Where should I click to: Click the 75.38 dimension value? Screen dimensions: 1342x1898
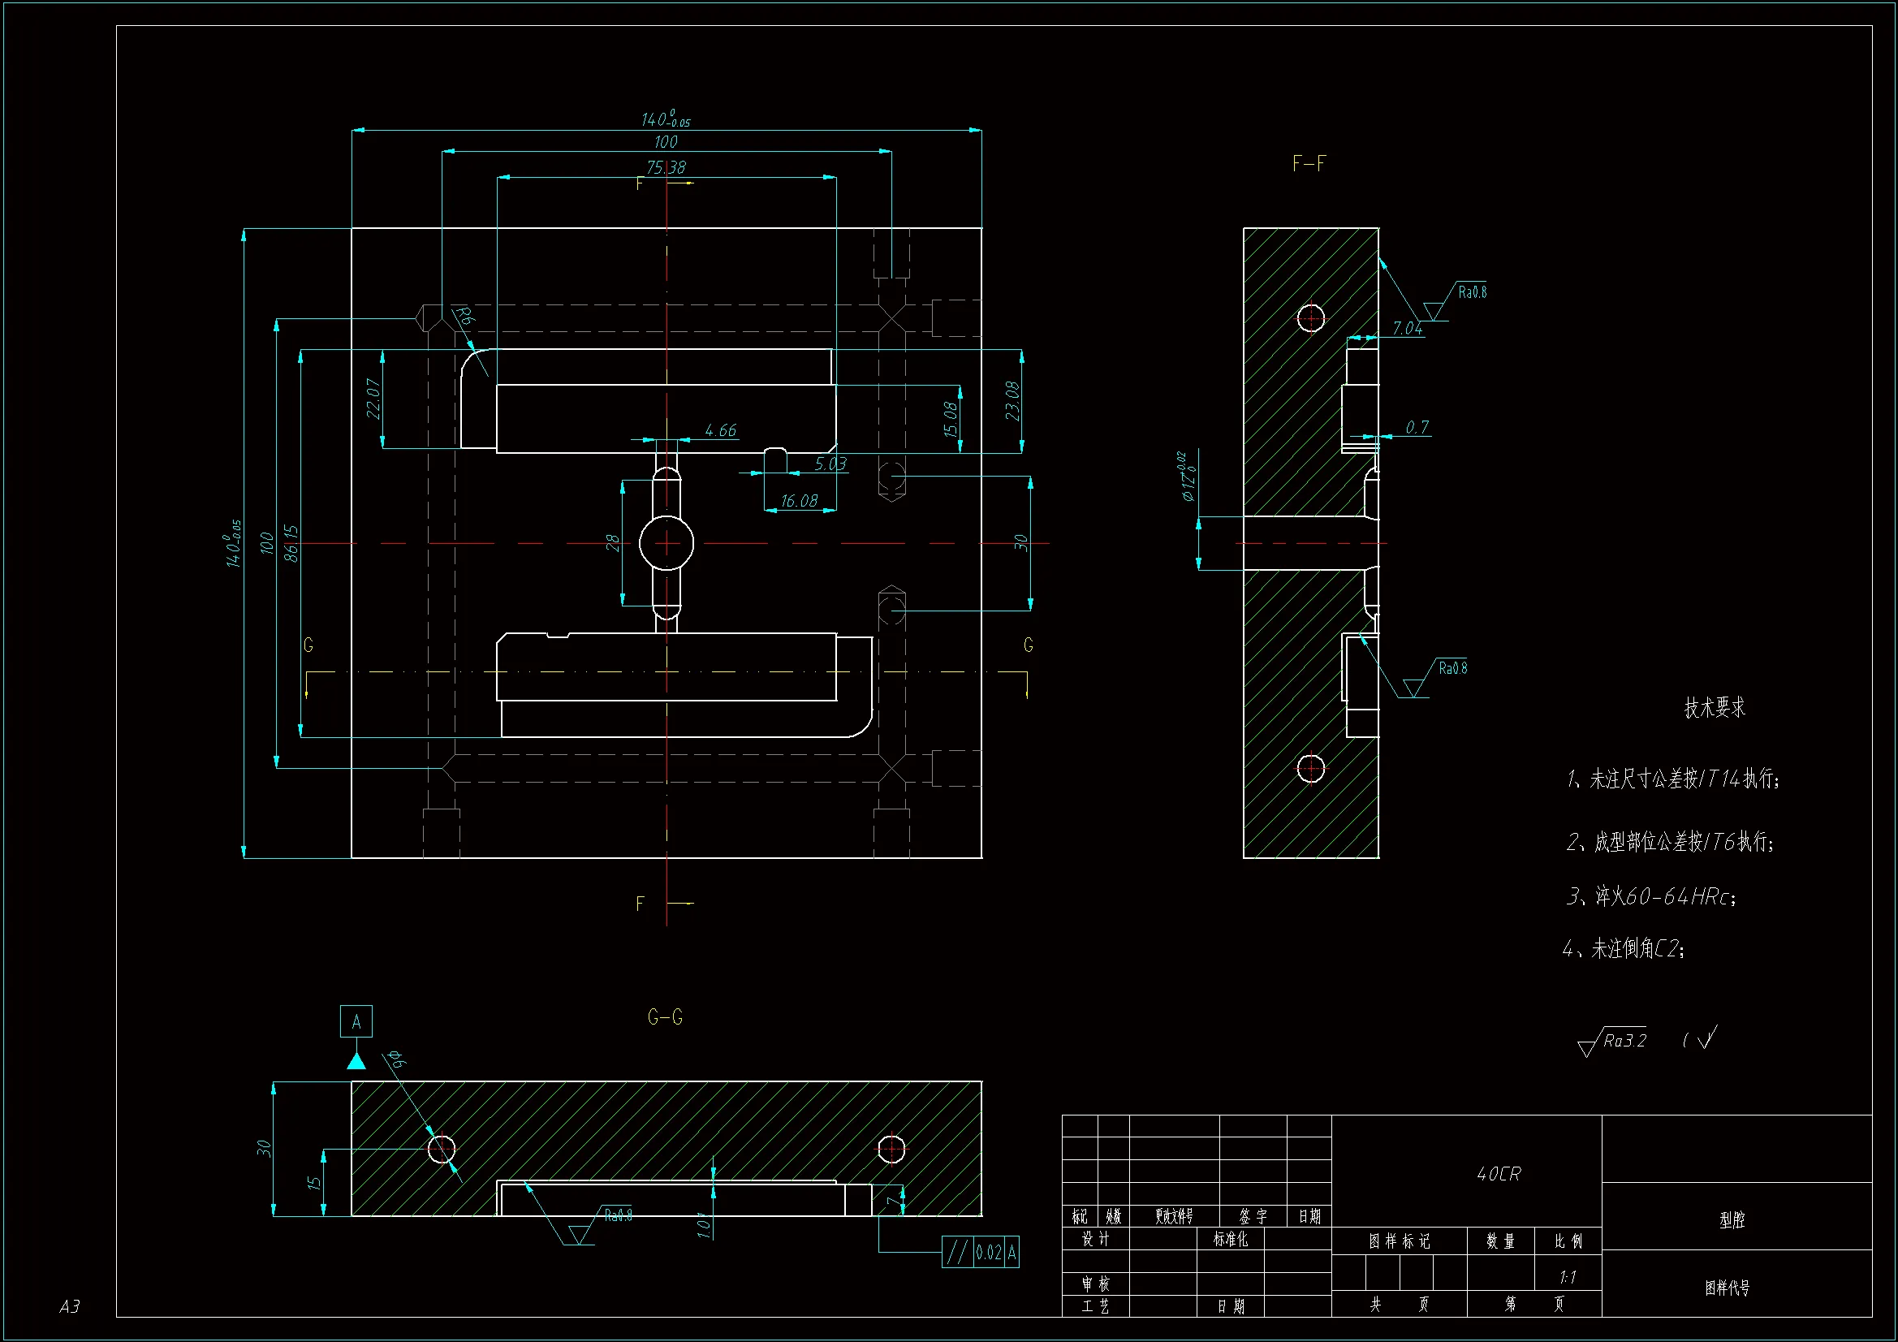666,167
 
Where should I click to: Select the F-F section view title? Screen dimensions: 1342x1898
1309,164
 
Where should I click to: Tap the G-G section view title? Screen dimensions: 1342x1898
665,1017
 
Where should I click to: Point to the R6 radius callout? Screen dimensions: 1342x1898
464,316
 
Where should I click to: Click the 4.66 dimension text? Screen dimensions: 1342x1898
720,430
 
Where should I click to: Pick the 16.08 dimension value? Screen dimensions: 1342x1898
799,501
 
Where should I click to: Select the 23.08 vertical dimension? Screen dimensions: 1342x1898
1012,400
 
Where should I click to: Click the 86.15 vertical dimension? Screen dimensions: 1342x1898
291,543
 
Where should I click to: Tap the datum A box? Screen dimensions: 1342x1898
356,1021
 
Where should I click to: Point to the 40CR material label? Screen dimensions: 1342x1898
1498,1174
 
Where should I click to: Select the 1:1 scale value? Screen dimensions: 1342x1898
1568,1278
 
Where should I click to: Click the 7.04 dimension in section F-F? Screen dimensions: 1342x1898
1407,328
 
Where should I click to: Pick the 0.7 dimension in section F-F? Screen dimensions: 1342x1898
1417,428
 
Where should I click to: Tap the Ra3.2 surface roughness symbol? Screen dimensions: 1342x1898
1614,1042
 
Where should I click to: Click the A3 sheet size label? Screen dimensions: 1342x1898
70,1306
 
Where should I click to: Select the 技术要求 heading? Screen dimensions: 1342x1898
1715,708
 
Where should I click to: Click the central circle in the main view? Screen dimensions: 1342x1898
666,543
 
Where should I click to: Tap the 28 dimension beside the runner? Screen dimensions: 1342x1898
612,542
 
